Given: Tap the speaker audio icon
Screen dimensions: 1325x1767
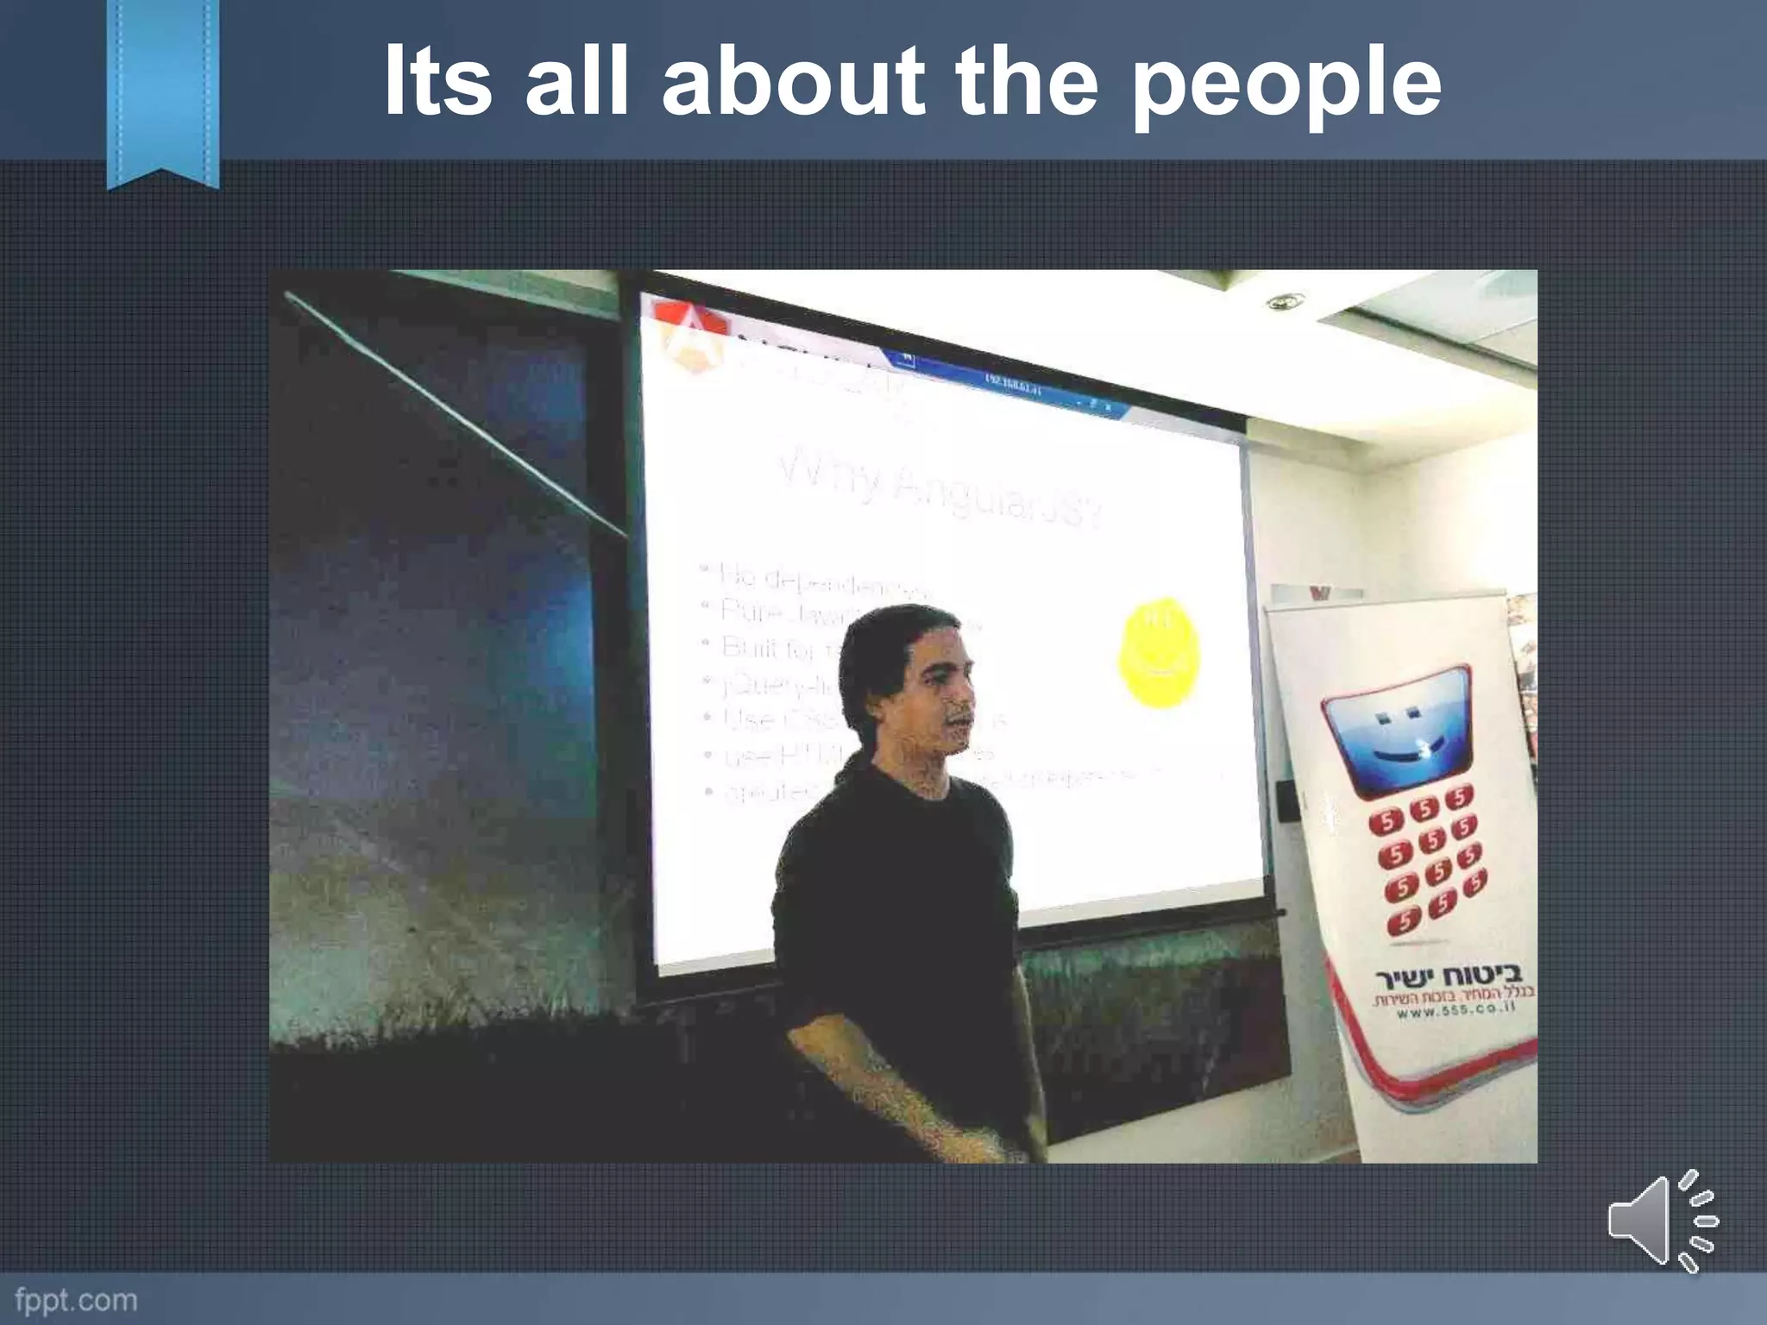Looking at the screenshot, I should click(x=1660, y=1221).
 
